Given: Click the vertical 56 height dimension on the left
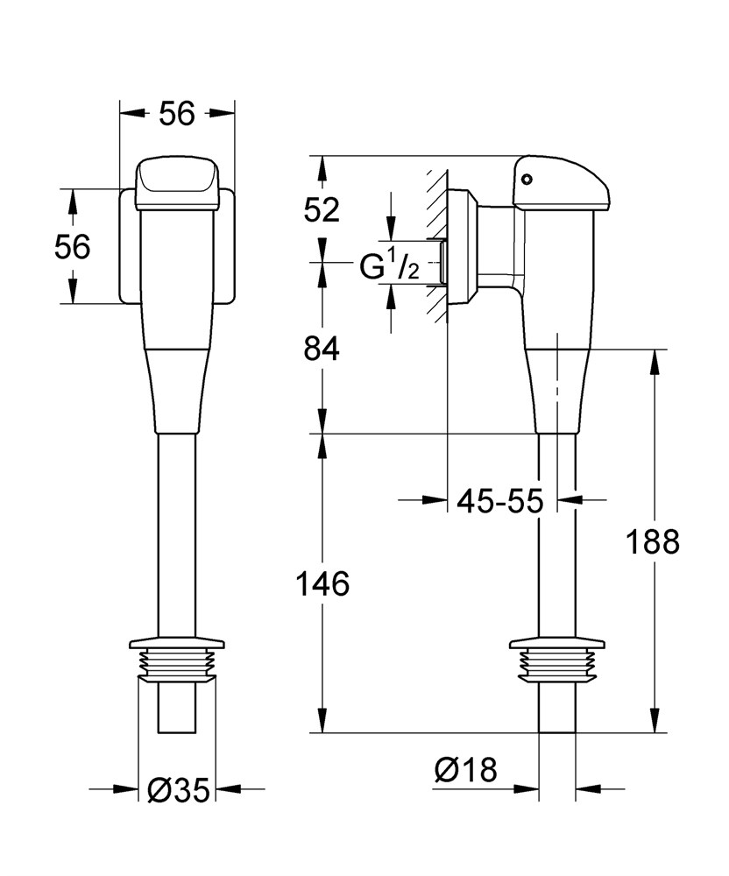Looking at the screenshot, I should tap(72, 247).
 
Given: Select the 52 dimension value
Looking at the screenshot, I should tap(322, 210).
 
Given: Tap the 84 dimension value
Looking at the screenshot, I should tap(322, 349).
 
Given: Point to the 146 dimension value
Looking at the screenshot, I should tap(322, 583).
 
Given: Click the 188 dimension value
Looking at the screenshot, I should tap(653, 542).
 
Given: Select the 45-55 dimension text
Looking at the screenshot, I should tap(500, 501).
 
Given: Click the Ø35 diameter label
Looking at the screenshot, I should tap(179, 790).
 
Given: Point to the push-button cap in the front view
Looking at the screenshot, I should tap(177, 182).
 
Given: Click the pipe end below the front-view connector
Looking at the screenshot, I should tap(177, 710).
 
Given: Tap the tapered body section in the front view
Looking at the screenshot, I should tap(177, 390).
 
